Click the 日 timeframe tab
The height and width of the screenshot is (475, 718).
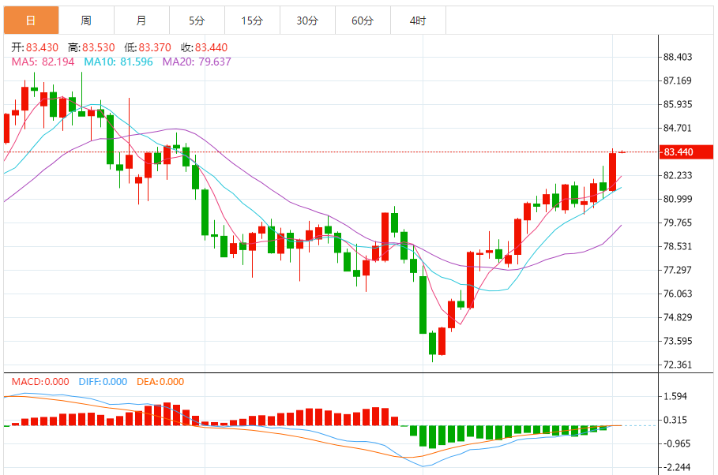click(31, 21)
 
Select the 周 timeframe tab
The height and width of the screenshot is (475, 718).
click(86, 21)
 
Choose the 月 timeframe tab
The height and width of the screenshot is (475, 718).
click(141, 21)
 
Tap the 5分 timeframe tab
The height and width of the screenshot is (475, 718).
click(197, 21)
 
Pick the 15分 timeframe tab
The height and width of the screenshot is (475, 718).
click(252, 21)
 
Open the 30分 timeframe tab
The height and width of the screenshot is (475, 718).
click(307, 21)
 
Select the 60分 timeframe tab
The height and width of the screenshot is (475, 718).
click(363, 21)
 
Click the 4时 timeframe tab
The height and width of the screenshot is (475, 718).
click(418, 21)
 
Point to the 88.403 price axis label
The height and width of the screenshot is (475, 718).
click(678, 57)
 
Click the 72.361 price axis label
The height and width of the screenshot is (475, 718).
click(678, 365)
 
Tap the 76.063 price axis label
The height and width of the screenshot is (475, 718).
click(678, 294)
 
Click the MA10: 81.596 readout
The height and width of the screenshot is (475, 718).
click(118, 61)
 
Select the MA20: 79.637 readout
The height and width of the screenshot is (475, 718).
click(197, 61)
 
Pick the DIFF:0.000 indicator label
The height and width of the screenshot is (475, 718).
click(103, 382)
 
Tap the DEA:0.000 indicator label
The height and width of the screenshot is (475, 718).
click(160, 382)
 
